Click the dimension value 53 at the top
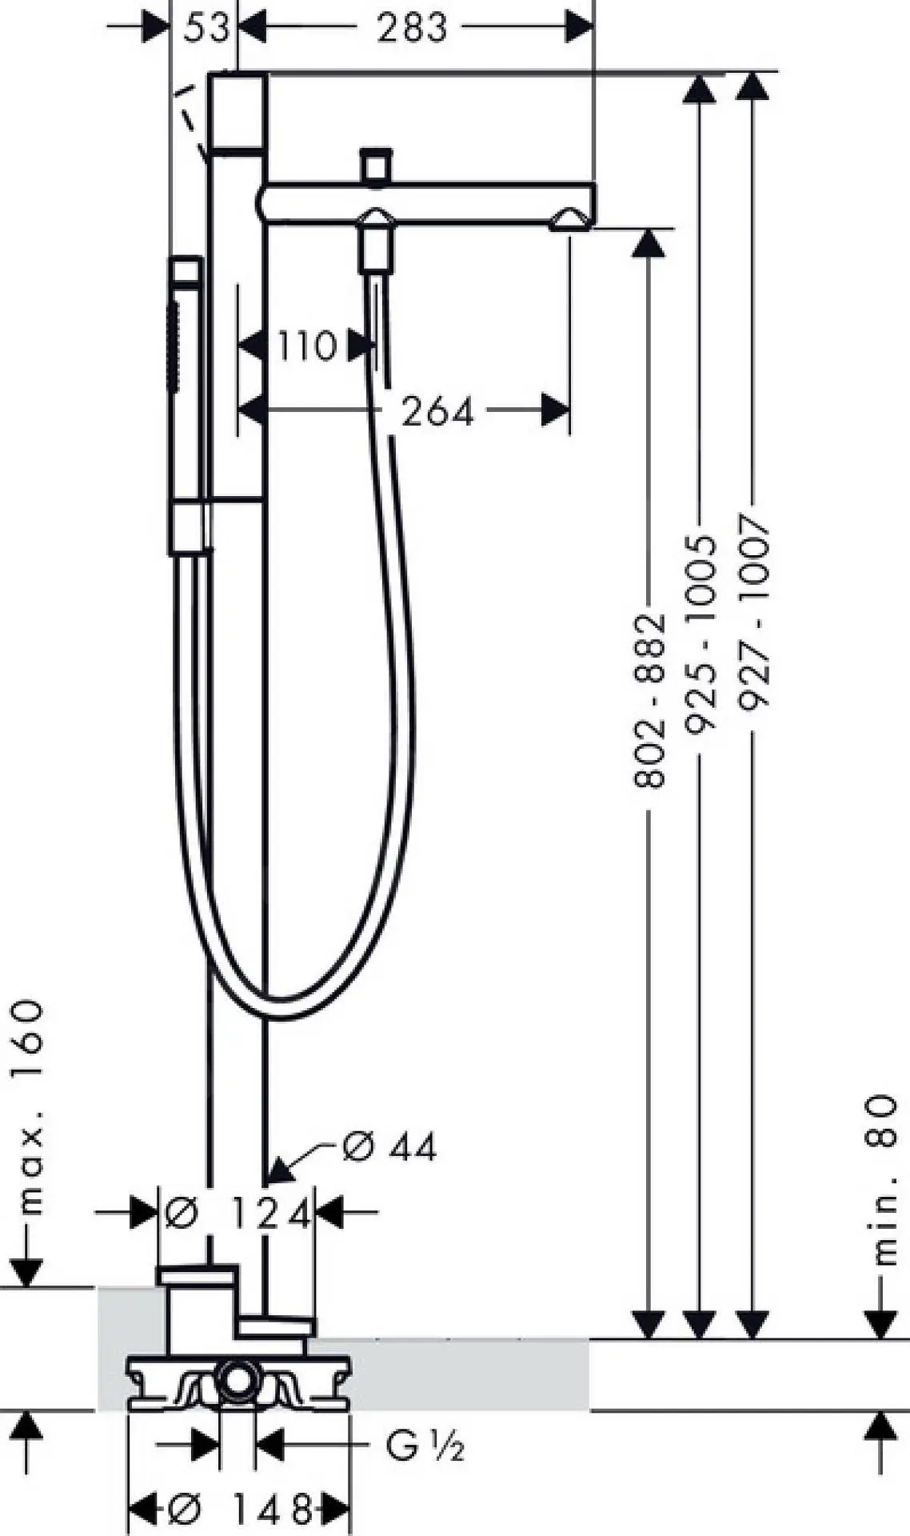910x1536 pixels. point(206,28)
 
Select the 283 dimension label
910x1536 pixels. point(413,28)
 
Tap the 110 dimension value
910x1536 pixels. point(307,346)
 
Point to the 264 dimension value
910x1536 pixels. point(437,411)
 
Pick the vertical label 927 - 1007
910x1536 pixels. point(753,612)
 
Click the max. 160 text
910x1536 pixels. point(30,1107)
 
